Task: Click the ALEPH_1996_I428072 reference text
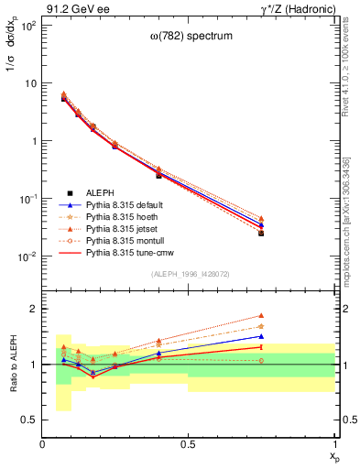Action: click(x=190, y=274)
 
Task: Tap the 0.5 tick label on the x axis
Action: click(x=188, y=443)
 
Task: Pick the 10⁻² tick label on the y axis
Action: click(x=27, y=256)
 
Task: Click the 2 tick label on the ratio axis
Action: click(x=32, y=310)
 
